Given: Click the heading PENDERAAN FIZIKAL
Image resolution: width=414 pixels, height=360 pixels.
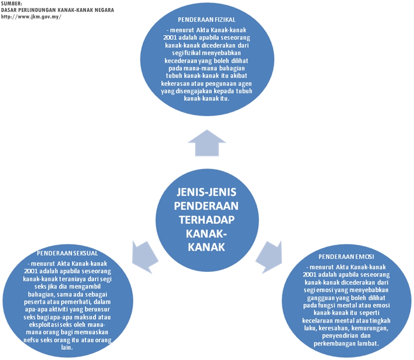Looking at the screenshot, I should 204,19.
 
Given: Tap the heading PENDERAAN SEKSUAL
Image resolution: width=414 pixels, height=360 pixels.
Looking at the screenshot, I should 67,253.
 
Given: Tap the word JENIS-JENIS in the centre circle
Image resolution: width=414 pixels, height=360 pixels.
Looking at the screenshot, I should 207,192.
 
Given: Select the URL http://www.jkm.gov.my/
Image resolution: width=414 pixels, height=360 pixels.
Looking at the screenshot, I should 31,16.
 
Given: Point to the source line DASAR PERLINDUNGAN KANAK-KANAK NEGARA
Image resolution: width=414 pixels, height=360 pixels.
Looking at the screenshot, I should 57,10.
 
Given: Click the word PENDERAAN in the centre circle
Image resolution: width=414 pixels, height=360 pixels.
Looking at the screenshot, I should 207,205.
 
